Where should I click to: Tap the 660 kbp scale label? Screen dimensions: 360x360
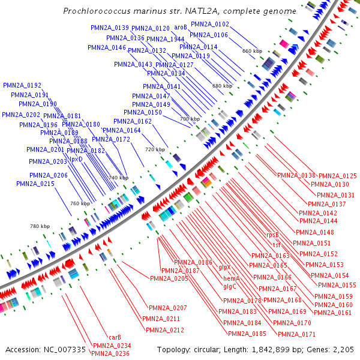[251, 51]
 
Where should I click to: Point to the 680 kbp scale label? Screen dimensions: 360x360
[221, 86]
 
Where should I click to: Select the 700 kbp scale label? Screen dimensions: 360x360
[189, 119]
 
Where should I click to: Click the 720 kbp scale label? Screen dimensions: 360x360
[154, 149]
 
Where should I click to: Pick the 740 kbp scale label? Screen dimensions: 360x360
[118, 178]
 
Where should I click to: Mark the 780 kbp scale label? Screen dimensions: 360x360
[40, 226]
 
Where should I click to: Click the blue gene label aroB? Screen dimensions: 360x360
[181, 27]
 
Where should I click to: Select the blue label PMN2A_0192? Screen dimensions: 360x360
[22, 86]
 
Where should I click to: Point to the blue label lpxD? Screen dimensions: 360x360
[76, 159]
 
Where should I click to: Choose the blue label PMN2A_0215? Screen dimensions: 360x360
[36, 184]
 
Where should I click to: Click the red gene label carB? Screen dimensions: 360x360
[115, 337]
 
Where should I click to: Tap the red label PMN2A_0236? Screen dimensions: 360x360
[110, 353]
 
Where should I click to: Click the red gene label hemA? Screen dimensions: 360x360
[232, 279]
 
